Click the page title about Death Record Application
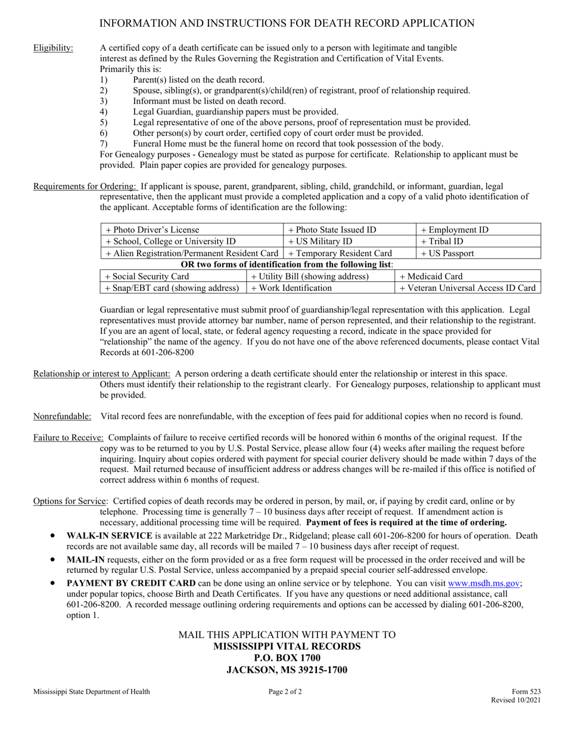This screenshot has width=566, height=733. click(286, 23)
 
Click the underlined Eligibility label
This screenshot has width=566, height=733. click(54, 48)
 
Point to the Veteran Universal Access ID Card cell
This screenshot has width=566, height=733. click(467, 288)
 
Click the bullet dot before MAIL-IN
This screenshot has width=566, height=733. click(54, 560)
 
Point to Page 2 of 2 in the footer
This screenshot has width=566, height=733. click(285, 692)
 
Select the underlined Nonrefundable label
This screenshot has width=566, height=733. click(62, 416)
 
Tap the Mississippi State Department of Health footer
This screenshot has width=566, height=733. click(92, 692)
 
